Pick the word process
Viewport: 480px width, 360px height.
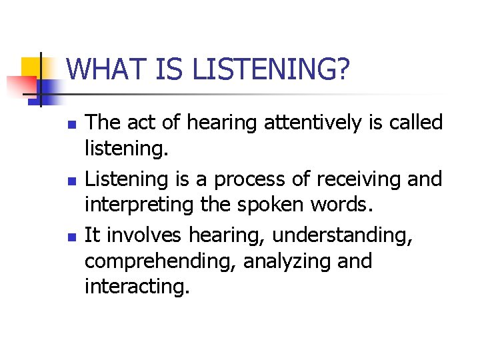click(249, 180)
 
